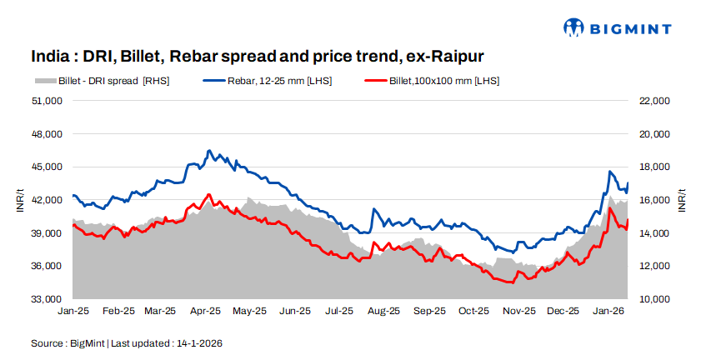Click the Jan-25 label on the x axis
(73, 312)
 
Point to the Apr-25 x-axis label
(205, 312)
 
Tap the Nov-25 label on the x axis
(518, 312)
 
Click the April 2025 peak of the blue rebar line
(208, 151)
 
